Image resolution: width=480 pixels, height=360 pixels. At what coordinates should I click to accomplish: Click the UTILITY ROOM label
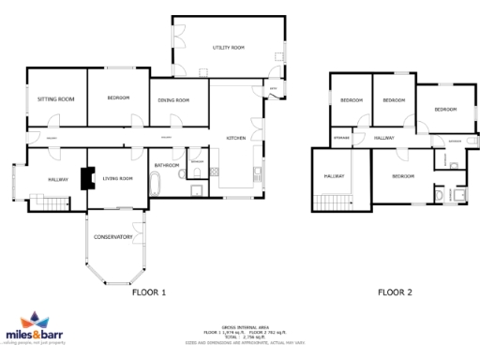click(228, 47)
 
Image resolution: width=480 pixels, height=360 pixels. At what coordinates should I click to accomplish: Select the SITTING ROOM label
click(55, 98)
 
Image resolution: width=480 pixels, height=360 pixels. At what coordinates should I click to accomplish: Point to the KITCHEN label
click(236, 139)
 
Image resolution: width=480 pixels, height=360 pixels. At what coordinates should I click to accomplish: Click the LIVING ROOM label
click(118, 178)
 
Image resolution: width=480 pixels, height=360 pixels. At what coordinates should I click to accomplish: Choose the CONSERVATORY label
click(112, 236)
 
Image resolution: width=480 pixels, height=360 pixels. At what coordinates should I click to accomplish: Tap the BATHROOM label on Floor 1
click(167, 165)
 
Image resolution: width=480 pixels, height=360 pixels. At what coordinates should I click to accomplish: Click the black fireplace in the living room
click(88, 178)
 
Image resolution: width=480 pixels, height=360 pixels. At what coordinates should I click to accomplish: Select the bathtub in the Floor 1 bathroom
click(155, 187)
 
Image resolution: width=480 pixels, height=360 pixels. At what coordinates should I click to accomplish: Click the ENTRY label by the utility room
click(273, 91)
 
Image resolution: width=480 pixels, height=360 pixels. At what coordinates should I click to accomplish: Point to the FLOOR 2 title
click(395, 292)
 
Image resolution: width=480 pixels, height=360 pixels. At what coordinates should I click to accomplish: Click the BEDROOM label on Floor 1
click(118, 98)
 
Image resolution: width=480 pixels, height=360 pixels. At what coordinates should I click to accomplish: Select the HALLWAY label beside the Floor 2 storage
click(383, 139)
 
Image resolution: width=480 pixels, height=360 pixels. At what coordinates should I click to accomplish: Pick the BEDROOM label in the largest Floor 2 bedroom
click(403, 176)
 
